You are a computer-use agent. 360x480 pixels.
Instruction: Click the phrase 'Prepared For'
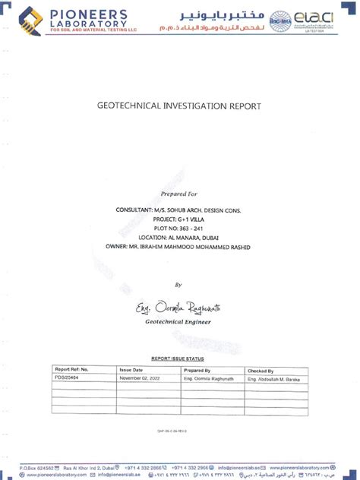(178, 194)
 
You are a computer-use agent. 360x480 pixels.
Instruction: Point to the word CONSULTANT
(134, 208)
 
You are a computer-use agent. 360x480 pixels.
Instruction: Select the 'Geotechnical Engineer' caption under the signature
(178, 322)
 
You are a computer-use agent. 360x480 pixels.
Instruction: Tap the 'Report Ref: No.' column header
(72, 370)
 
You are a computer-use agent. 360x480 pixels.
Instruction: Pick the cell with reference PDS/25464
(67, 377)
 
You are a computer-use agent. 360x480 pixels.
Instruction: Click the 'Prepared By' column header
(197, 370)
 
